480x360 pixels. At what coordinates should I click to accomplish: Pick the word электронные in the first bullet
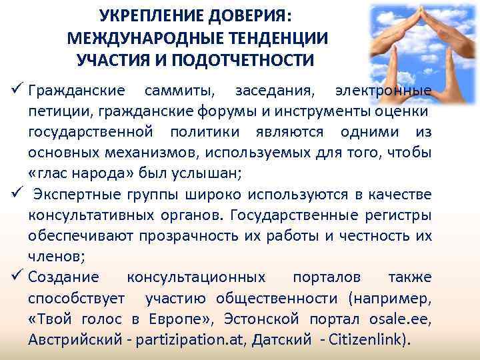click(383, 89)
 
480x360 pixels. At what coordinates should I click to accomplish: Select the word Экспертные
click(74, 194)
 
